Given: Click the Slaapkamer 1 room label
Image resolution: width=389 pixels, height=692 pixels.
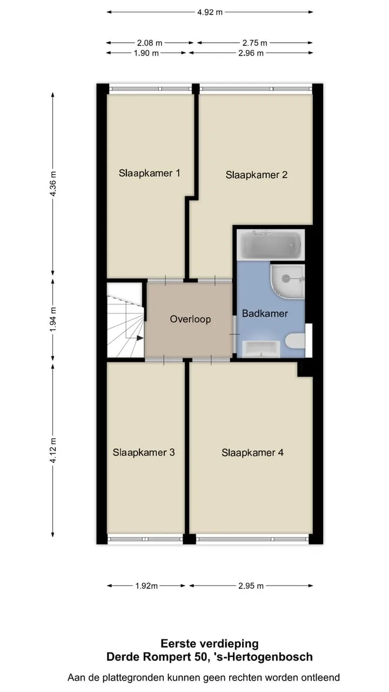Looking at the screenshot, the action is pyautogui.click(x=150, y=174).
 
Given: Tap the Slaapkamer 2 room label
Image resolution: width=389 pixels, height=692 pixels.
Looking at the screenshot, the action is pyautogui.click(x=257, y=175).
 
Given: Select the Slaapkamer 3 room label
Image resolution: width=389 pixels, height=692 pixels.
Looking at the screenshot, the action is pyautogui.click(x=144, y=453).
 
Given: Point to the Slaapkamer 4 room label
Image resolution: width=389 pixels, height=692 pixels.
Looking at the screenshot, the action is pyautogui.click(x=252, y=453).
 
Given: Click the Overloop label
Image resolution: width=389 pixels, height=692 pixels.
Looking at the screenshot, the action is pyautogui.click(x=190, y=319).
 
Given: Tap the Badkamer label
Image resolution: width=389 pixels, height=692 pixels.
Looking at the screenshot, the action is pyautogui.click(x=265, y=314).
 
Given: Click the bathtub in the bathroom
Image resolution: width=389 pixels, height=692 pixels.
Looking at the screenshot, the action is pyautogui.click(x=271, y=245).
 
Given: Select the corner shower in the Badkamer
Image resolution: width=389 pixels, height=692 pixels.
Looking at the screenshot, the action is pyautogui.click(x=288, y=282).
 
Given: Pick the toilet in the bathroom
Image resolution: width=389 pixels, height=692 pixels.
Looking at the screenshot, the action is pyautogui.click(x=295, y=341).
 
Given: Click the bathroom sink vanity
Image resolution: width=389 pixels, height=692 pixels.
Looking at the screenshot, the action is pyautogui.click(x=261, y=349).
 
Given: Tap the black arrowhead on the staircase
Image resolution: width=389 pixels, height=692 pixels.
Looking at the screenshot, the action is pyautogui.click(x=140, y=338).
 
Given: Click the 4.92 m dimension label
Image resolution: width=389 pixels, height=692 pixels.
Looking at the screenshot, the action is pyautogui.click(x=210, y=12).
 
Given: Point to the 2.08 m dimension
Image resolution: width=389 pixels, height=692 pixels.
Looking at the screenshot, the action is pyautogui.click(x=150, y=43).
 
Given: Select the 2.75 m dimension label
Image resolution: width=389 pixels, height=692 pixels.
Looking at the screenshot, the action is pyautogui.click(x=254, y=43).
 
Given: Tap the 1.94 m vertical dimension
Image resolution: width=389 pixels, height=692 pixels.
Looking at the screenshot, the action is pyautogui.click(x=53, y=320).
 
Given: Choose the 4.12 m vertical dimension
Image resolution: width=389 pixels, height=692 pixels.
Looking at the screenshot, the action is pyautogui.click(x=53, y=450).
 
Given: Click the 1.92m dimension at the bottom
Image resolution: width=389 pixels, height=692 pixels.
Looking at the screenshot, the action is pyautogui.click(x=146, y=585).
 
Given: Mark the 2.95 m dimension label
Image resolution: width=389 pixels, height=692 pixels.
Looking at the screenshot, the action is pyautogui.click(x=251, y=585).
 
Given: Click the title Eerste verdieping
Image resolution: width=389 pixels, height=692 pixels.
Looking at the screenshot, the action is pyautogui.click(x=210, y=644).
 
